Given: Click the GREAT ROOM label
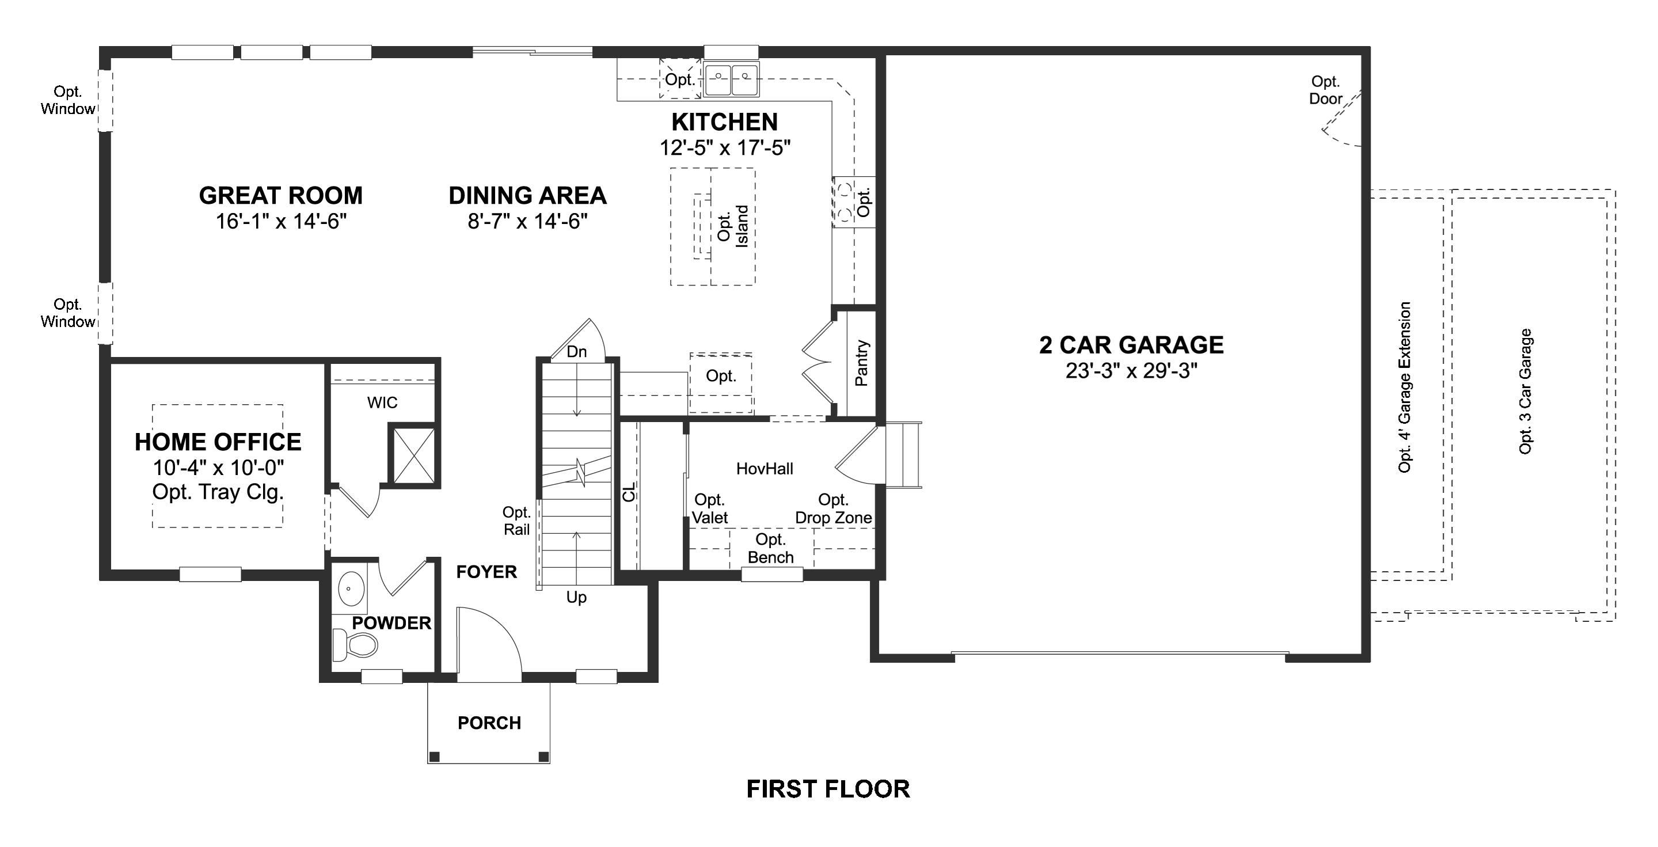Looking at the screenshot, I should tap(280, 195).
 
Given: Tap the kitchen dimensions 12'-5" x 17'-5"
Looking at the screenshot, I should tap(725, 148).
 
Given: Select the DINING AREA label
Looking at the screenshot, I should tap(527, 195).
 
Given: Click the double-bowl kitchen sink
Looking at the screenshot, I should tap(731, 80).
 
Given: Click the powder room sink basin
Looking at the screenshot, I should tap(351, 588).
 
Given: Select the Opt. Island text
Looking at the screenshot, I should tap(732, 226).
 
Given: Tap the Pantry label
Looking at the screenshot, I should tap(861, 363).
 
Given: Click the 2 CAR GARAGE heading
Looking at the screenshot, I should tap(1131, 345).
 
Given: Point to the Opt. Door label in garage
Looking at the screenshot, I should tap(1325, 90).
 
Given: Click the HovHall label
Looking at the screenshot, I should tap(765, 469).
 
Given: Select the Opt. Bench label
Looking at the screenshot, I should tap(770, 548).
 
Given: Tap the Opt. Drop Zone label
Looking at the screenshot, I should tap(834, 508).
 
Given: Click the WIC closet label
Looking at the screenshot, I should tap(382, 403).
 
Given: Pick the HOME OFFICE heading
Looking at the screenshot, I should tap(218, 442).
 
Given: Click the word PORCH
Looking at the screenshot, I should tap(489, 723).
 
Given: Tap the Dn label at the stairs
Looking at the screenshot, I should tap(577, 351).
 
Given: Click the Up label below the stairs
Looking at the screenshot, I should tap(576, 597).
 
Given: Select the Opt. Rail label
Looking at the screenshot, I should tap(517, 521).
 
